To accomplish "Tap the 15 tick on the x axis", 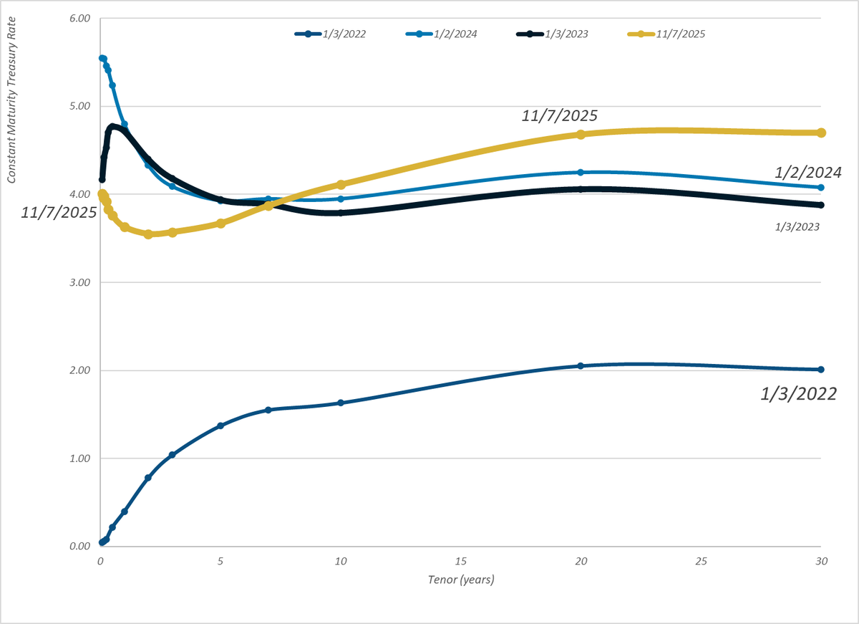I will tap(461, 562).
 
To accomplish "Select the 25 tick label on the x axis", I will tap(701, 562).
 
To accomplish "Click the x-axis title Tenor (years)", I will tap(461, 580).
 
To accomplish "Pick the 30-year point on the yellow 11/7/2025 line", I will tap(821, 133).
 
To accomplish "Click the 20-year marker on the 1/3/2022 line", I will tap(581, 366).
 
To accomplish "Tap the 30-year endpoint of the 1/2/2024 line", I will tap(821, 188).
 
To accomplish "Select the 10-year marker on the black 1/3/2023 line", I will tap(341, 213).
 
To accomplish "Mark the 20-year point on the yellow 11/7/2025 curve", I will tap(581, 135).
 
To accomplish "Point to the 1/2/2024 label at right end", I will tap(807, 172).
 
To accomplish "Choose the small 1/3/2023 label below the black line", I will tap(797, 226).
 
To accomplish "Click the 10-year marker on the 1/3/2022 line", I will tap(341, 403).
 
